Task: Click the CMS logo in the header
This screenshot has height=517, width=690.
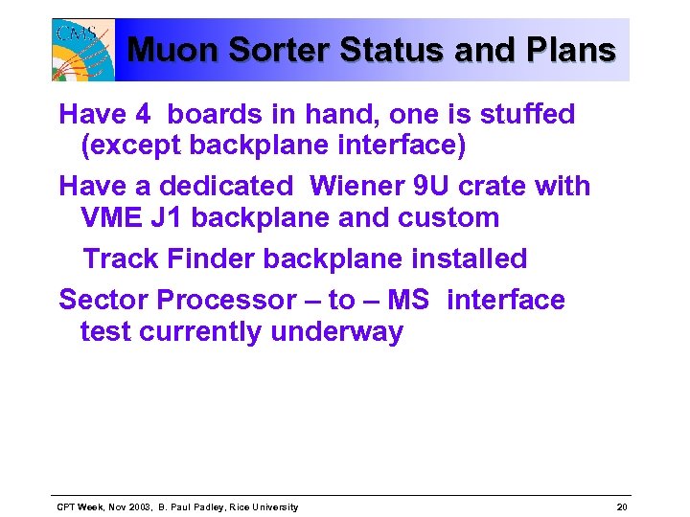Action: [83, 50]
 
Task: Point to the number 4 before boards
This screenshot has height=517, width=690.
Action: [143, 115]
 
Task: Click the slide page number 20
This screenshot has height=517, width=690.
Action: [622, 506]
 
